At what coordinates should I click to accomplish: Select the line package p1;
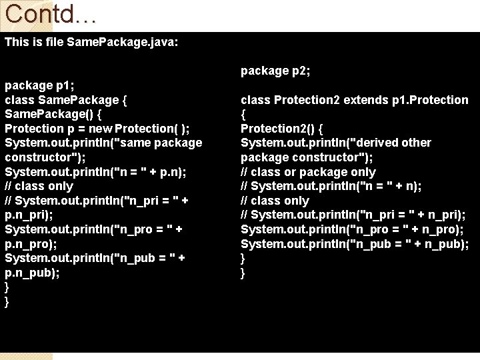coord(39,85)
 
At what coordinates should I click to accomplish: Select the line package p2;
coord(275,71)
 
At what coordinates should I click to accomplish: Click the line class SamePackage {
coord(66,100)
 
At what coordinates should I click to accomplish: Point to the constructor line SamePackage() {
coord(53,114)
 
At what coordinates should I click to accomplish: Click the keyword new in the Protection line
coord(99,129)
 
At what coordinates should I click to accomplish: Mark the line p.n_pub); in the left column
coord(32,273)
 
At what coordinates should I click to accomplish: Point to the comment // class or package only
coord(308,172)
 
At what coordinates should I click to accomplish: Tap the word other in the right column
coord(417,143)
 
